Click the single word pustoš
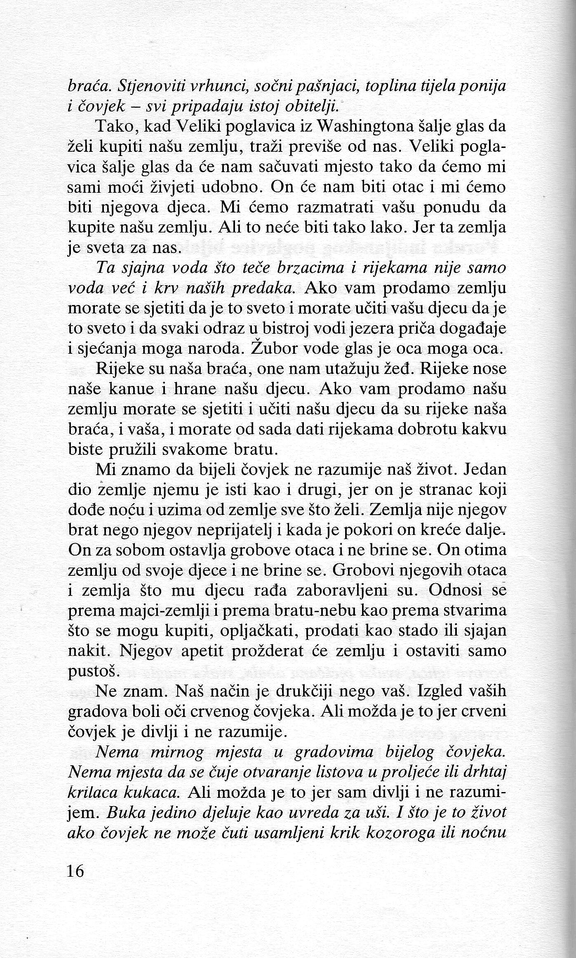tap(93, 672)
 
